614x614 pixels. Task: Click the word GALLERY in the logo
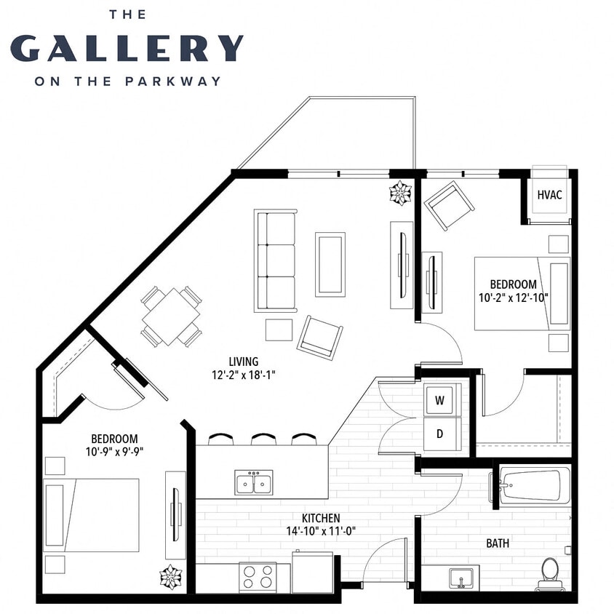click(127, 48)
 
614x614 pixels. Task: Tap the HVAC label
click(549, 196)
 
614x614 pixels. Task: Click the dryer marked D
click(439, 434)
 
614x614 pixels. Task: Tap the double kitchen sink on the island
click(253, 482)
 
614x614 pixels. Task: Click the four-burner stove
click(258, 578)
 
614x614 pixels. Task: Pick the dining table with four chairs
click(171, 316)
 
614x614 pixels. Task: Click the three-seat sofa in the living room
click(275, 260)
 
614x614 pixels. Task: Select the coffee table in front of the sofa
click(330, 264)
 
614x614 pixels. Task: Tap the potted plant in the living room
click(400, 193)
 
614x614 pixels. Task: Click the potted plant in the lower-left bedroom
click(170, 576)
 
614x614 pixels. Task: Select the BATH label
click(498, 543)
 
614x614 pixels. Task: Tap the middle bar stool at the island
click(263, 439)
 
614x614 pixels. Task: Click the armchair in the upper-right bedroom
click(449, 206)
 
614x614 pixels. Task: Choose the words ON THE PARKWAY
click(127, 81)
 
